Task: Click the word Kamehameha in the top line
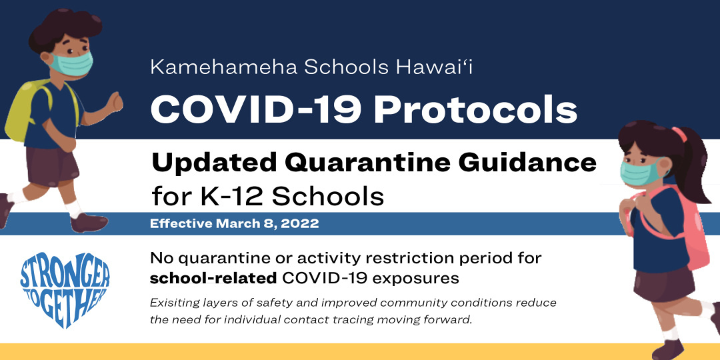tap(224, 67)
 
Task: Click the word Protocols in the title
tap(476, 111)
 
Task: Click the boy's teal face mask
tap(71, 63)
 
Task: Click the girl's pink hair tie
tap(680, 135)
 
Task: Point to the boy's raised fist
tap(115, 102)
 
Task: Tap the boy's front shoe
tap(89, 223)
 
